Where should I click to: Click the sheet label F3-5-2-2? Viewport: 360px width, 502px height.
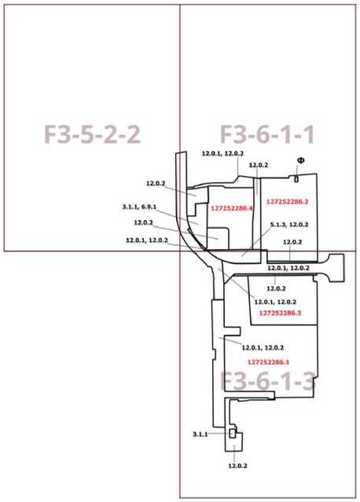pyautogui.click(x=92, y=134)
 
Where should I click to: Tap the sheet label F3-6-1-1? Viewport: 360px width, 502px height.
pyautogui.click(x=267, y=134)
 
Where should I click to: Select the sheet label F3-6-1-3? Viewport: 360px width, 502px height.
pyautogui.click(x=268, y=381)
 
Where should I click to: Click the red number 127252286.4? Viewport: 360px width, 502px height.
pyautogui.click(x=232, y=208)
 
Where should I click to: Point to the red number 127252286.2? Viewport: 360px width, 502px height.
pyautogui.click(x=288, y=202)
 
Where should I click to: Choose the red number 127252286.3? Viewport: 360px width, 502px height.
pyautogui.click(x=281, y=313)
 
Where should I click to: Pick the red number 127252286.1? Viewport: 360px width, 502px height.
pyautogui.click(x=268, y=362)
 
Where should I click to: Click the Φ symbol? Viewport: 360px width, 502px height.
pyautogui.click(x=301, y=160)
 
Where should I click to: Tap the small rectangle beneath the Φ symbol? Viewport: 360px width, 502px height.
pyautogui.click(x=296, y=179)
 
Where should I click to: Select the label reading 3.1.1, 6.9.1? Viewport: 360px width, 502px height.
pyautogui.click(x=139, y=207)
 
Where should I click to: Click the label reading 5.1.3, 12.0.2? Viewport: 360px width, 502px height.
pyautogui.click(x=289, y=225)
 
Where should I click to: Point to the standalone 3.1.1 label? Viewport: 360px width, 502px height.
pyautogui.click(x=200, y=434)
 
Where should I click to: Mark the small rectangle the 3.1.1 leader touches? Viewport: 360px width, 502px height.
pyautogui.click(x=232, y=434)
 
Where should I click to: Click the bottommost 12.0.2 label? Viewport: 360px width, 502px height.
pyautogui.click(x=237, y=466)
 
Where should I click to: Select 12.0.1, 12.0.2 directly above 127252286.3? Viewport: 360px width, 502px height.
pyautogui.click(x=275, y=302)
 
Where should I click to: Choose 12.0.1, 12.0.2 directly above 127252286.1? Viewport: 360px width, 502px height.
pyautogui.click(x=263, y=348)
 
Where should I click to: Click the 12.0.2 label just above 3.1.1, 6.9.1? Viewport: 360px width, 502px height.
pyautogui.click(x=156, y=184)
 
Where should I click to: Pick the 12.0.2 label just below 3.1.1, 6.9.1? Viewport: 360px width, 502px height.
pyautogui.click(x=144, y=222)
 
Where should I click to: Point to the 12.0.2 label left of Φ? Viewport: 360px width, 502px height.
pyautogui.click(x=259, y=165)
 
